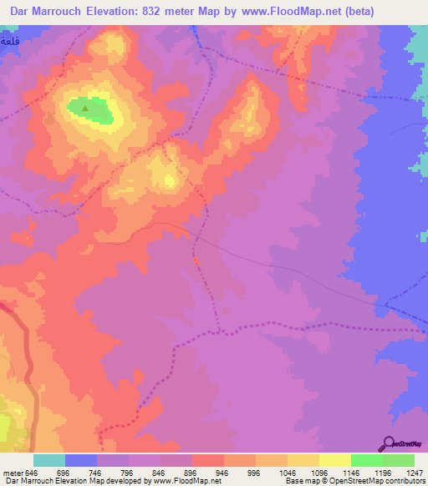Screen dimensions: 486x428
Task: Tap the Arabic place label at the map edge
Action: click(x=9, y=40)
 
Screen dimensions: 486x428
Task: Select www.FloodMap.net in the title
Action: click(x=295, y=12)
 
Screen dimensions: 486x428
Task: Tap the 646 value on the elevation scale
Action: click(x=33, y=472)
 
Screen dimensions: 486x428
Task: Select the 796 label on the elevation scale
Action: click(x=128, y=472)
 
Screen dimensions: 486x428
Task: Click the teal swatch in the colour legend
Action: click(x=48, y=460)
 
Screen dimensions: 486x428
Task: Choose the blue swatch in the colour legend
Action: click(x=80, y=460)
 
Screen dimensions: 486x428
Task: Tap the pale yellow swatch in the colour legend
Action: click(x=334, y=460)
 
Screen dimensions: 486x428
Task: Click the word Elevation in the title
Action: click(x=117, y=12)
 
